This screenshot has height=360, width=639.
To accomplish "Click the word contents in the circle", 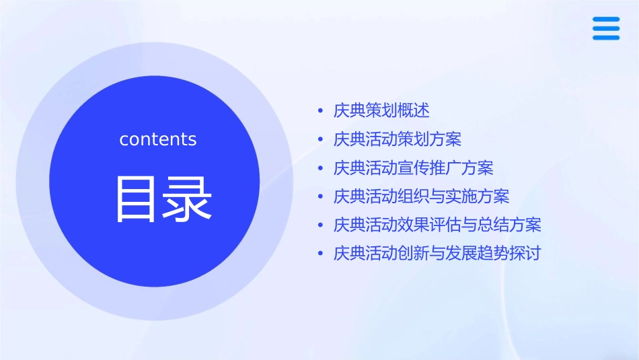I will tap(158, 139).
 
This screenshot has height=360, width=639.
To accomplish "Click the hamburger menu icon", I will tap(606, 29).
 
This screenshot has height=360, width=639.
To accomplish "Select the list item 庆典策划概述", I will tap(381, 110).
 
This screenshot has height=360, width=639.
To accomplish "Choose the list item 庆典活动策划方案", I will tap(398, 139).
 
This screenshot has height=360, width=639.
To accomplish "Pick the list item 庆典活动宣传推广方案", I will tap(414, 168).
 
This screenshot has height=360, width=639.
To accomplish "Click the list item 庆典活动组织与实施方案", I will tap(422, 196).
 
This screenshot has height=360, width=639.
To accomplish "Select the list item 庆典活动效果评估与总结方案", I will tap(437, 225).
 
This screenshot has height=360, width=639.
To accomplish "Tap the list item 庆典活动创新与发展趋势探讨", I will tap(437, 254).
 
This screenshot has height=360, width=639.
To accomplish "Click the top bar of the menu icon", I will tap(606, 20).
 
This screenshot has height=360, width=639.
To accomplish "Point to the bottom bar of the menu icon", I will tap(606, 38).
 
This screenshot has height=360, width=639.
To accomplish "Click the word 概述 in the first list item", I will tap(414, 110).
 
